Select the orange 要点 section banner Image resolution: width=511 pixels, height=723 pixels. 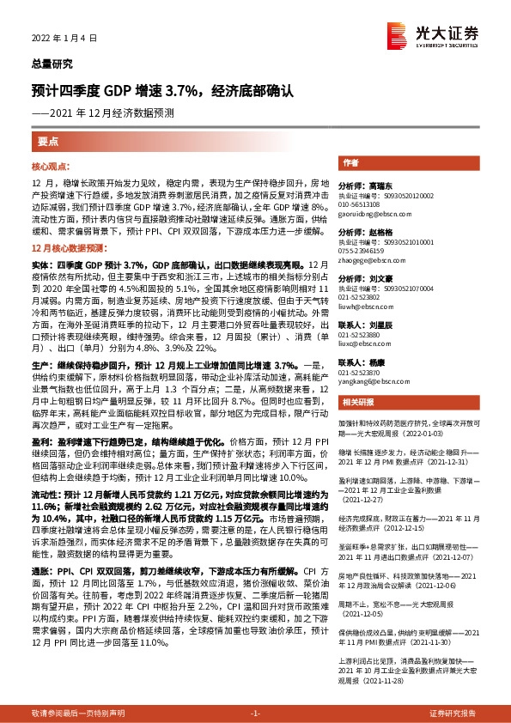click(x=48, y=142)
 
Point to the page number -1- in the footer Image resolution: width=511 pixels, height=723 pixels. click(x=255, y=713)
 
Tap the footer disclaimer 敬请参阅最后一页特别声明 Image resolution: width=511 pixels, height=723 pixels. click(x=71, y=713)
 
